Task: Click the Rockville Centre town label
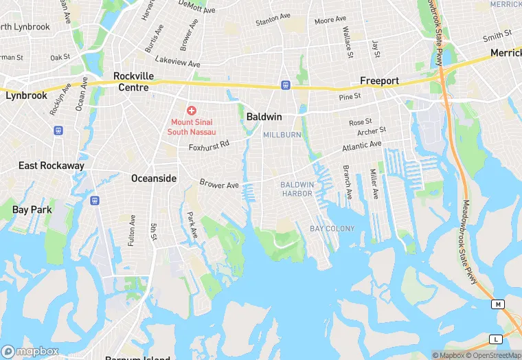[x=133, y=82]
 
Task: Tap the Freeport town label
[x=380, y=81]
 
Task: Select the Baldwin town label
[x=264, y=117]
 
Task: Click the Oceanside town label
[x=154, y=179]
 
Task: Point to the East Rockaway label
[x=52, y=166]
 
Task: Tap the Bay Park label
[x=32, y=210]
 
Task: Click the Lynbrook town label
[x=26, y=95]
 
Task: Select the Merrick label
[x=506, y=53]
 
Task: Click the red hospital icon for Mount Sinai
[x=192, y=110]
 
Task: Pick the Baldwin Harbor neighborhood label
[x=297, y=190]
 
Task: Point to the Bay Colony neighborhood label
[x=332, y=228]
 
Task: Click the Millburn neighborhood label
[x=282, y=135]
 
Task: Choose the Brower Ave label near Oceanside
[x=219, y=184]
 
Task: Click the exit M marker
[x=497, y=304]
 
